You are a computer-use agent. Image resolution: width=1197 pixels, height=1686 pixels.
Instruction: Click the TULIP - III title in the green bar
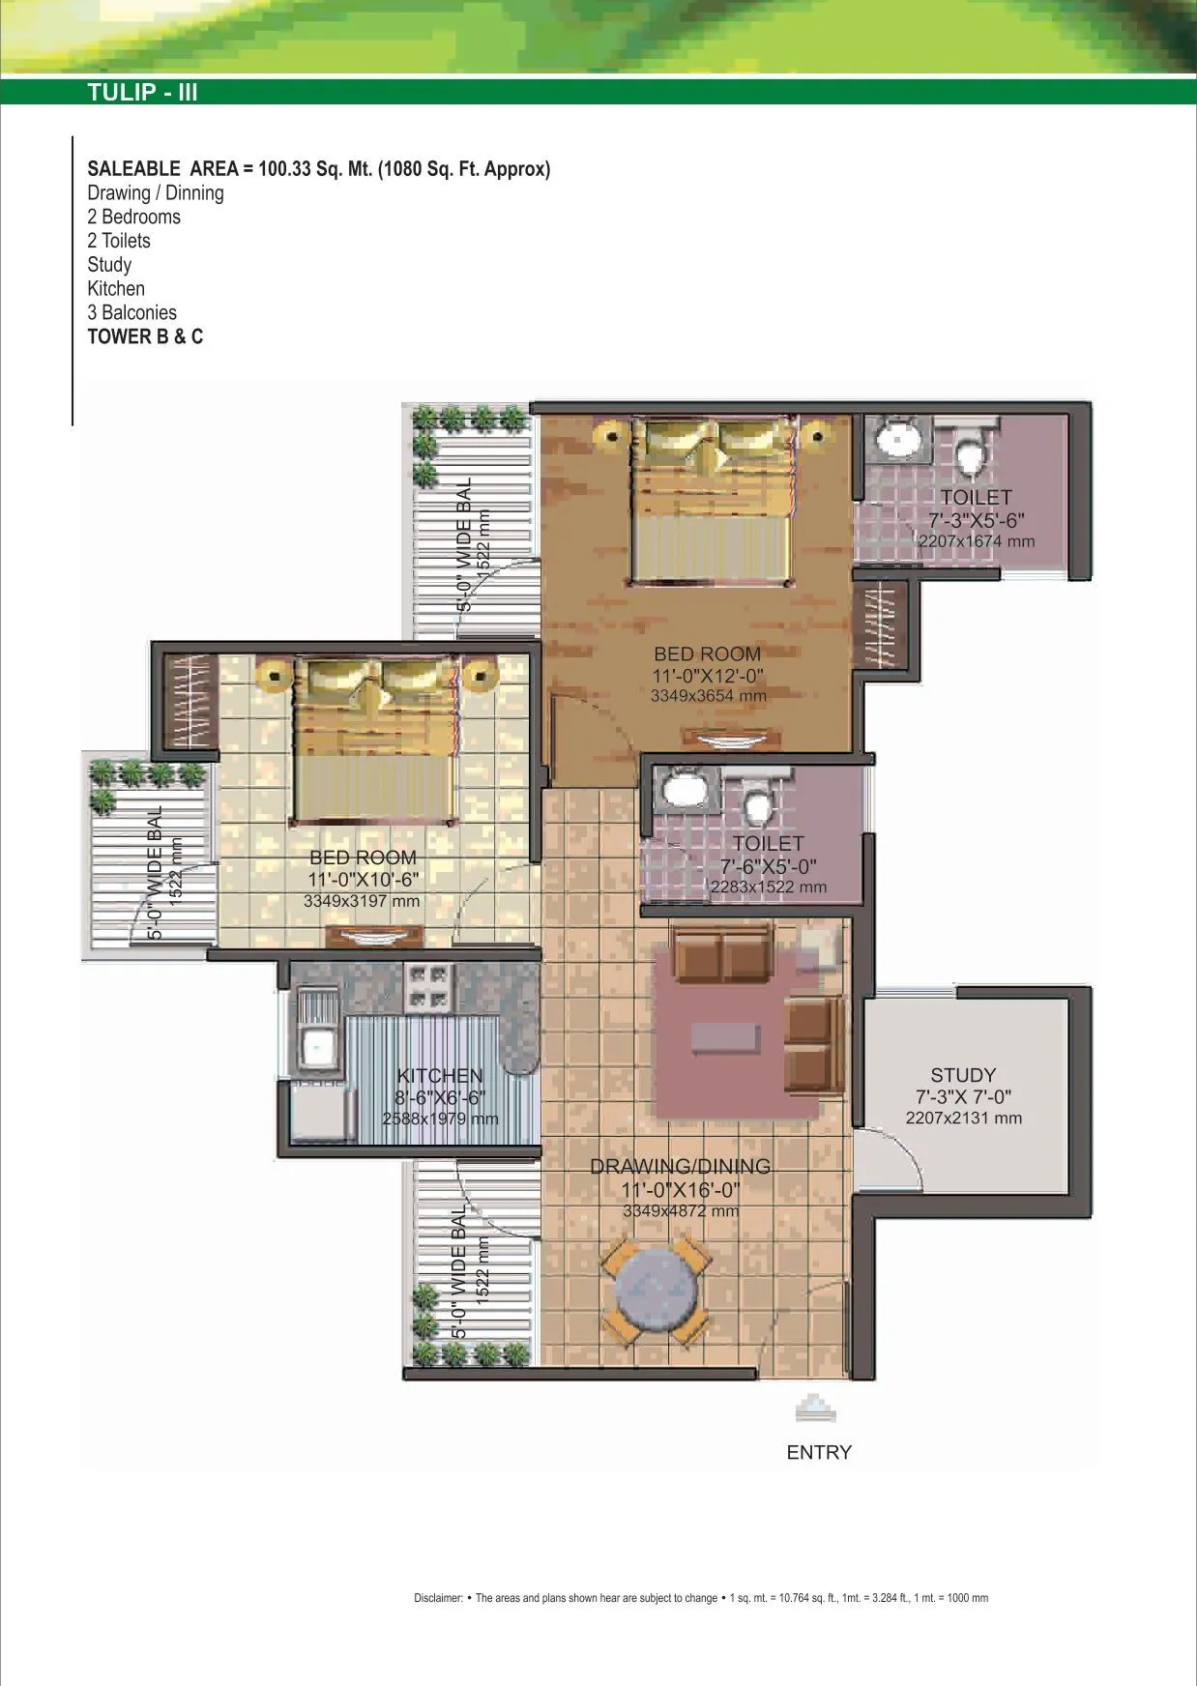142,93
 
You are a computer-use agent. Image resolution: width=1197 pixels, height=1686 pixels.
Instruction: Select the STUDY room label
962,1075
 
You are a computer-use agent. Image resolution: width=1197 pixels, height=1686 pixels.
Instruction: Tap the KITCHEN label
439,1076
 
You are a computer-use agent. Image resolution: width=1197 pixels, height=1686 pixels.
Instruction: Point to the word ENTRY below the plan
819,1452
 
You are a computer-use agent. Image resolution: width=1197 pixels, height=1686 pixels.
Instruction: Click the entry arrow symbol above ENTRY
815,1410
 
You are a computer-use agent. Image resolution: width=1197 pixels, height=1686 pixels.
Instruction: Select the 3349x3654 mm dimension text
708,696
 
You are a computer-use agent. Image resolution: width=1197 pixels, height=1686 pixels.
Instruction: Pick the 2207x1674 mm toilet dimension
976,541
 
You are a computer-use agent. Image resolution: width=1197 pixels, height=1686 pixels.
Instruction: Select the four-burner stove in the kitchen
429,986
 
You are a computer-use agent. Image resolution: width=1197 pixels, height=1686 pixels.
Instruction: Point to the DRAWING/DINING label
680,1167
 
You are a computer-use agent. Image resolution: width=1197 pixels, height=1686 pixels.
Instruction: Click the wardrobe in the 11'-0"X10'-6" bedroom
190,701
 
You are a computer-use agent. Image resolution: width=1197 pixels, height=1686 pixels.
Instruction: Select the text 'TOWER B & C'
145,336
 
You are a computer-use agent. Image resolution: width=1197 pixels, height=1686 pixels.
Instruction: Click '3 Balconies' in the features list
131,312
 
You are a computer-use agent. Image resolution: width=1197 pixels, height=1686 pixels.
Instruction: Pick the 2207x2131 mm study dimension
963,1119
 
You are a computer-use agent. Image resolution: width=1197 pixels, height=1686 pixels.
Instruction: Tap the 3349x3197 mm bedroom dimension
362,901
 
